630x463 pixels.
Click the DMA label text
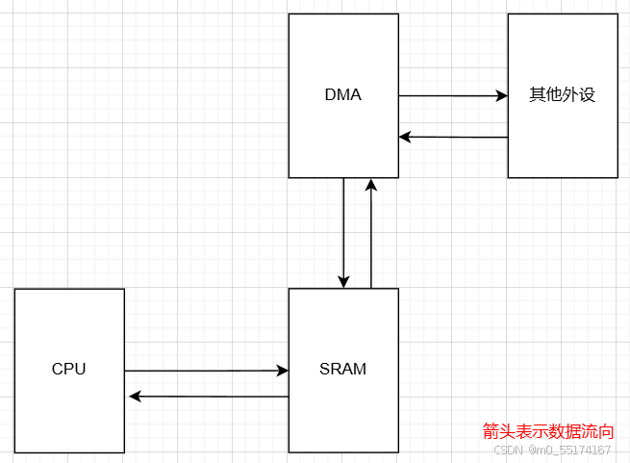[x=343, y=95]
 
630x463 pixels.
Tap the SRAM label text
[x=343, y=369]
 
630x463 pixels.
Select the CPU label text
[x=69, y=369]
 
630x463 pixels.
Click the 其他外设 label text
[x=563, y=95]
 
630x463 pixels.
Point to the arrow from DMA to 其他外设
[x=452, y=96]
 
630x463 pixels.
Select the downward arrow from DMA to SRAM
[x=343, y=231]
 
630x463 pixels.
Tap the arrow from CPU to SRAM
[x=206, y=371]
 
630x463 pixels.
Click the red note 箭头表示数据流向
[x=548, y=432]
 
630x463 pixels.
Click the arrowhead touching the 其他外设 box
[x=501, y=96]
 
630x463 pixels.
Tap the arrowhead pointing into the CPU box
[x=135, y=397]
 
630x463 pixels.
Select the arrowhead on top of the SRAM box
[x=343, y=281]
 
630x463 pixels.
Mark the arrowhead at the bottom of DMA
[x=371, y=185]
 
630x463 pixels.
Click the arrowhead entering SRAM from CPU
[x=283, y=371]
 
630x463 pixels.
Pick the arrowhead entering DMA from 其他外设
[x=405, y=137]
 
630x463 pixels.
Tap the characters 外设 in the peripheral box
[x=579, y=95]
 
